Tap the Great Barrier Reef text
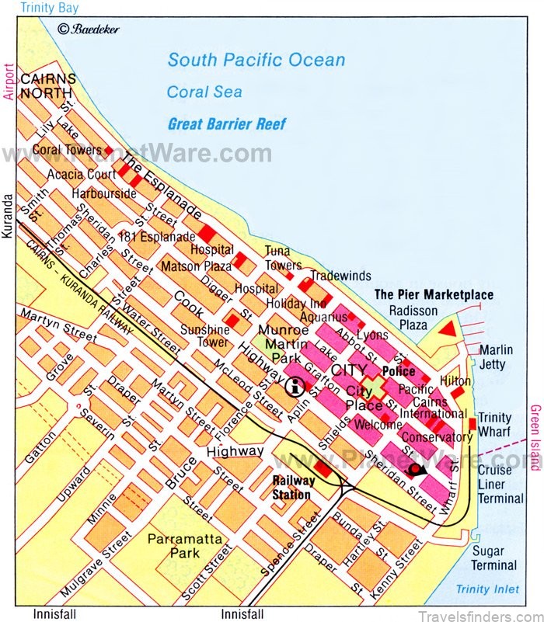[226, 123]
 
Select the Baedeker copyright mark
[88, 30]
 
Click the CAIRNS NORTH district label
[48, 86]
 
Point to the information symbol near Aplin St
[295, 386]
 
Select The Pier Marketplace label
[434, 294]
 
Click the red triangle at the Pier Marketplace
[446, 332]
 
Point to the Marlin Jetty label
[497, 357]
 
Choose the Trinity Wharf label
[495, 425]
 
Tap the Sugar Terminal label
[494, 558]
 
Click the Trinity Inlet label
[487, 590]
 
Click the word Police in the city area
[398, 372]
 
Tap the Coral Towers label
[67, 149]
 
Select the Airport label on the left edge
[9, 82]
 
